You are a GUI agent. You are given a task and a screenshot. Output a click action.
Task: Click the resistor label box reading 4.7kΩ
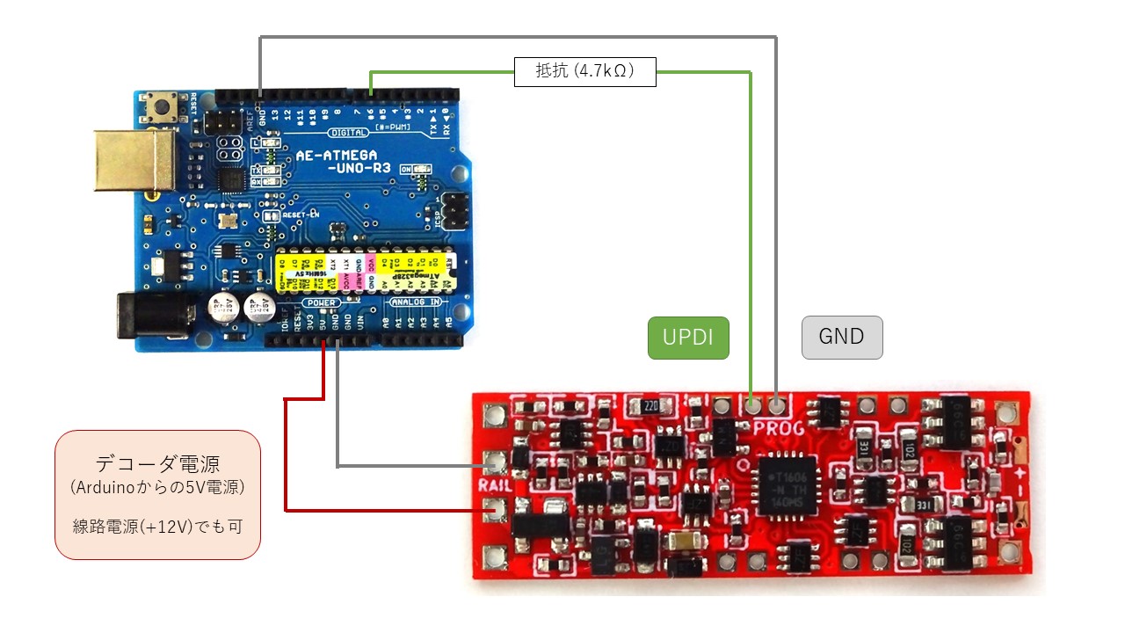click(585, 71)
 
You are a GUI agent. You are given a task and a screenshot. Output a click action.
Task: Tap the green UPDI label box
click(688, 338)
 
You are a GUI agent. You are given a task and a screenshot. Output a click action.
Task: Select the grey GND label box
click(841, 338)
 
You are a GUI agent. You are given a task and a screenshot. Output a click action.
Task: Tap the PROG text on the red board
click(779, 427)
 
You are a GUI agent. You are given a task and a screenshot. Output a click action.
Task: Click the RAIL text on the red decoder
click(490, 484)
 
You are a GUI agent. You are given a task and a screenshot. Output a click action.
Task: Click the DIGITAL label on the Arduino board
click(350, 133)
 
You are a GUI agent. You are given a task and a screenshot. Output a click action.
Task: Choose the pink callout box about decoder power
click(158, 494)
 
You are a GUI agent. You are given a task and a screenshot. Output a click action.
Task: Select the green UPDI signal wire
click(751, 220)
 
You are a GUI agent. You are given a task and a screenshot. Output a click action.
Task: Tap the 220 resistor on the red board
click(650, 406)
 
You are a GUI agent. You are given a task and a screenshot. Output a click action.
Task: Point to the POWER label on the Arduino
click(316, 302)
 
